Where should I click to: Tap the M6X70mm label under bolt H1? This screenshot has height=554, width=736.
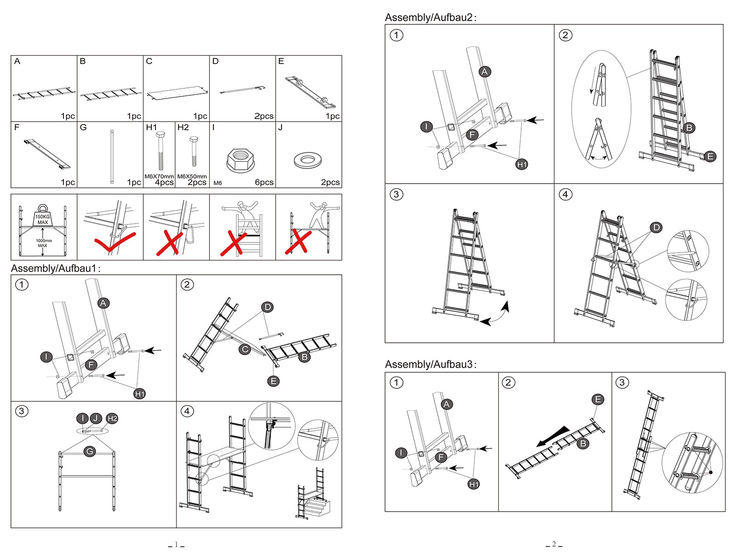tap(159, 176)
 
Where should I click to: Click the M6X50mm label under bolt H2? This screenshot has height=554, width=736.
tap(192, 176)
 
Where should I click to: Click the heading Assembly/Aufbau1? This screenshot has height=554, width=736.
tap(55, 268)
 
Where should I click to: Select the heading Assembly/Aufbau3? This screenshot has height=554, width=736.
tap(430, 364)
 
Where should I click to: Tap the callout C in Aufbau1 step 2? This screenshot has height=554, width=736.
tap(245, 349)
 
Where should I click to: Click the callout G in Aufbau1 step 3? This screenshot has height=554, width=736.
tap(90, 451)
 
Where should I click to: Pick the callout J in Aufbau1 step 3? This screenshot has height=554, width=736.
tap(96, 418)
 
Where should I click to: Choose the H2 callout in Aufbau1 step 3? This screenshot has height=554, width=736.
tap(112, 418)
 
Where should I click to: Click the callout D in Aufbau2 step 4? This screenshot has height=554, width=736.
tap(656, 227)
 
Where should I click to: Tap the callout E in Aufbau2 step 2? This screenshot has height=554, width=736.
tap(710, 156)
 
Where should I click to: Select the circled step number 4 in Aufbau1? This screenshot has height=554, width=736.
tap(187, 411)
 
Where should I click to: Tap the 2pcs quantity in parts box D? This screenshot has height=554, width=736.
tap(264, 116)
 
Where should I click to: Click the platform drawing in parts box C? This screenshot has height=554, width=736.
tap(176, 93)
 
